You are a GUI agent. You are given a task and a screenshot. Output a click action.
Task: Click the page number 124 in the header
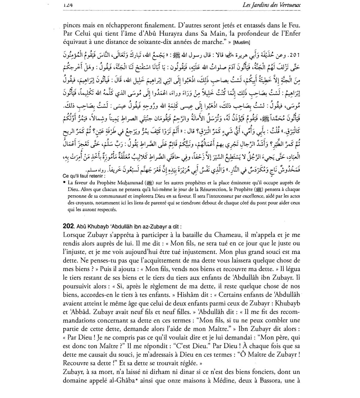pyautogui.click(x=69, y=5)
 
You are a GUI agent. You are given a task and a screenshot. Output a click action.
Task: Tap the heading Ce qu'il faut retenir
pyautogui.click(x=84, y=176)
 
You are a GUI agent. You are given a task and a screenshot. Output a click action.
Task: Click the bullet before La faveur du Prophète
pyautogui.click(x=64, y=182)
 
